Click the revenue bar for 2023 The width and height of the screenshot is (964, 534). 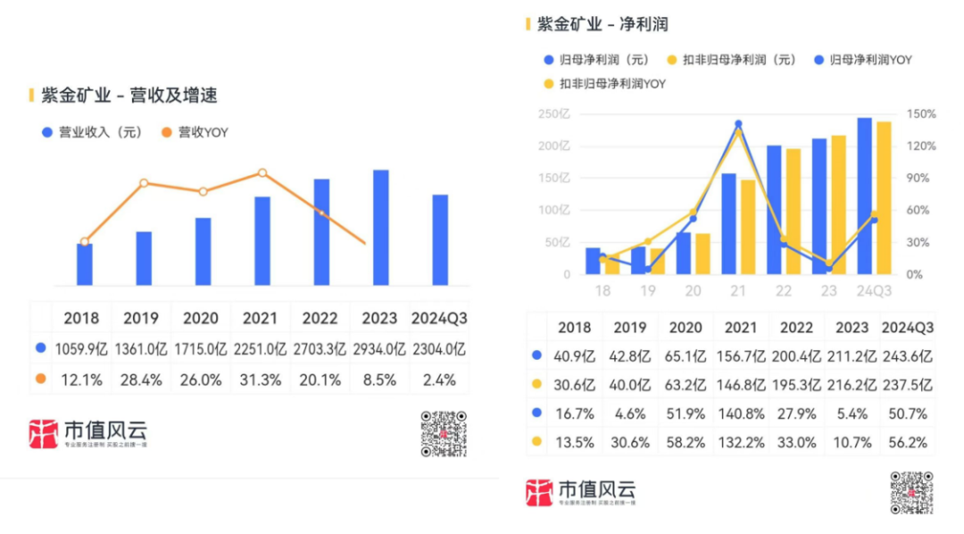[x=381, y=228]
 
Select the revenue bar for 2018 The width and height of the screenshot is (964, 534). [x=85, y=263]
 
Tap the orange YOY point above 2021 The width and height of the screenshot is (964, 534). [x=262, y=172]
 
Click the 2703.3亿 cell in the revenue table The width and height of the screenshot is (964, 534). [x=320, y=348]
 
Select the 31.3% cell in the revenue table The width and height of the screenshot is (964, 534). [x=261, y=380]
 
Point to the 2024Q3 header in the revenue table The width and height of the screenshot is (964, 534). [x=439, y=318]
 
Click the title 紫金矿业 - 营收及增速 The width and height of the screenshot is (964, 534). [x=129, y=95]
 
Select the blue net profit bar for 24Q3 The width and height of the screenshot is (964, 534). [x=864, y=196]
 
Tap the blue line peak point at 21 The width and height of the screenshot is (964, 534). [x=738, y=124]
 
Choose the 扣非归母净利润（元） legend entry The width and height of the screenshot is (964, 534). [x=730, y=61]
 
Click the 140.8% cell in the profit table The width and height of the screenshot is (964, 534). [x=742, y=413]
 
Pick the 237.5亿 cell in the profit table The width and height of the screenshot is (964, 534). [x=908, y=385]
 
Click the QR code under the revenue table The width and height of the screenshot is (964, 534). [x=444, y=433]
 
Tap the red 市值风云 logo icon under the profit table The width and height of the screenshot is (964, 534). [x=539, y=494]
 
